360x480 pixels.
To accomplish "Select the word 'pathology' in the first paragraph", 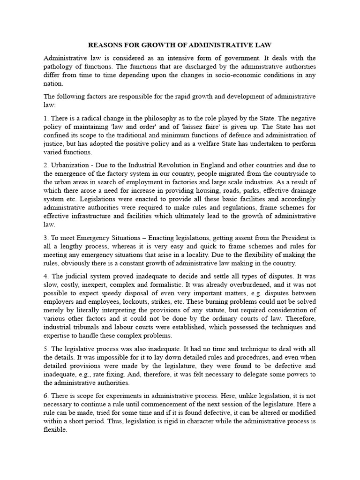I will point(59,67).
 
